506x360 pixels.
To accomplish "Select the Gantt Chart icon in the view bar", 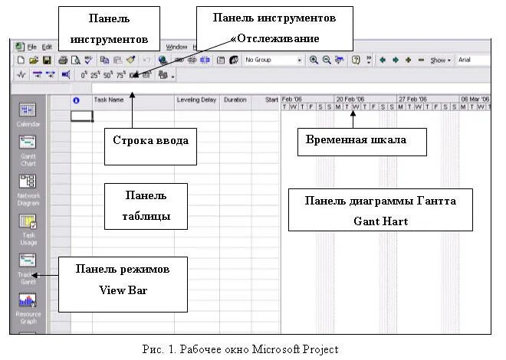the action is coord(28,144).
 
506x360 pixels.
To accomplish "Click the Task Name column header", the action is coord(109,100).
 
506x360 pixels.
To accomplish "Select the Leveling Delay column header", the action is coord(196,100).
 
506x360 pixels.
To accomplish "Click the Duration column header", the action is coord(235,100).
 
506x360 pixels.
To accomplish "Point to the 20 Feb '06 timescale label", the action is coord(350,99).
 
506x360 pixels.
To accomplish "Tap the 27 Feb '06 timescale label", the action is coord(412,99).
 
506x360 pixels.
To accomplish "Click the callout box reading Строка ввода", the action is coord(149,140).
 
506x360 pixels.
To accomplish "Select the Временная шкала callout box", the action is coord(361,140).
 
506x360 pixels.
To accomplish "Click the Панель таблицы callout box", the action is coord(145,205).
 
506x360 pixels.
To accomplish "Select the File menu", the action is coord(31,47).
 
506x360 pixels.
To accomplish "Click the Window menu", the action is coord(176,47).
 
